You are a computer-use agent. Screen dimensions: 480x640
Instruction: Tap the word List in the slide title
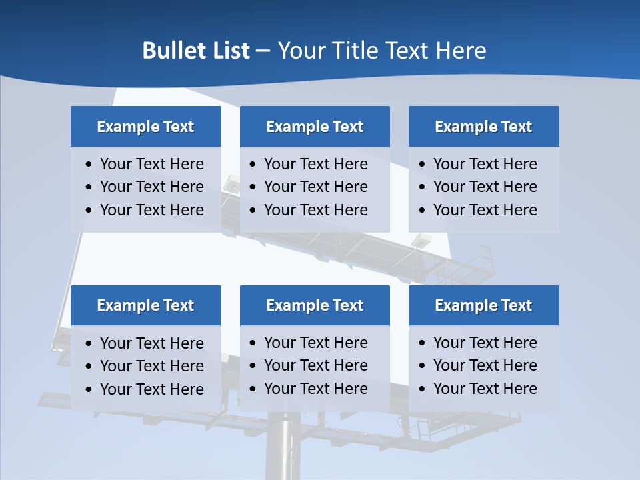[229, 51]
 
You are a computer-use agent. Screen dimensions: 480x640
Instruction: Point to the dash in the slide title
[263, 51]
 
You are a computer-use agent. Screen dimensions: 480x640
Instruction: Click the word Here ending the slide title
[461, 51]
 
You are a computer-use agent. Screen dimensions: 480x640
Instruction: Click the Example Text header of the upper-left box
[145, 127]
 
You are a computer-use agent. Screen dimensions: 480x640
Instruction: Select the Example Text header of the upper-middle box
[315, 127]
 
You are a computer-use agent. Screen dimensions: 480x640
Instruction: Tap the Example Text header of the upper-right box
[483, 127]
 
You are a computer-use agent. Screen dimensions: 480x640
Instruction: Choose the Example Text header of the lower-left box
[145, 305]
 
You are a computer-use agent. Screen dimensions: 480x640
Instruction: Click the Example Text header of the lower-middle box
[315, 305]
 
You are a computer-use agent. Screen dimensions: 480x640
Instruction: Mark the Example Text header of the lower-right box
[483, 305]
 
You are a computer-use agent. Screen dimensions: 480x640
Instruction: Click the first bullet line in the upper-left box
[151, 164]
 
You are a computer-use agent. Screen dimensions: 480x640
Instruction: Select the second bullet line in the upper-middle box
[315, 187]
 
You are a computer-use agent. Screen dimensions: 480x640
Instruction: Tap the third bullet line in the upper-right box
[485, 210]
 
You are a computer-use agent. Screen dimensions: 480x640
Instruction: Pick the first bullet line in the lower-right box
[485, 343]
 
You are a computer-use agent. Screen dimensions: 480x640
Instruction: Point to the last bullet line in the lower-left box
[151, 389]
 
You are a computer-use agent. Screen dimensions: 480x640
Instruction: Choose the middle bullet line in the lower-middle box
[315, 365]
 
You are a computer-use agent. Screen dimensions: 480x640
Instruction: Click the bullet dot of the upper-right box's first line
[422, 165]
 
